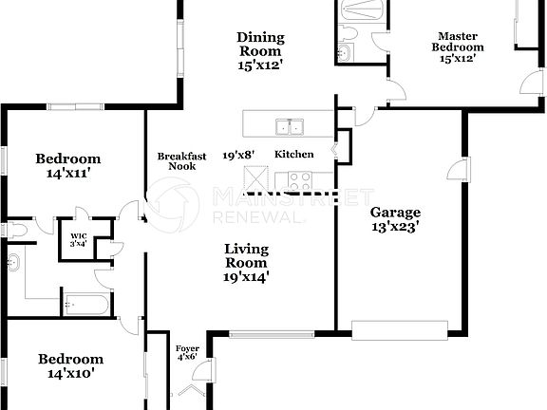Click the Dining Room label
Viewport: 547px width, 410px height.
coord(260,52)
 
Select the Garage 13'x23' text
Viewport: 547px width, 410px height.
coord(395,219)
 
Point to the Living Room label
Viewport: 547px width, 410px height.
coord(246,263)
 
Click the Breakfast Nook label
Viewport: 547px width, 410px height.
coord(176,160)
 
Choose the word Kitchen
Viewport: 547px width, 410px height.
coord(293,155)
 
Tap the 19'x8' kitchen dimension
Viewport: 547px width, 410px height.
coord(237,155)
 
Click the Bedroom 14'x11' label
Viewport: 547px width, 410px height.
coord(67,166)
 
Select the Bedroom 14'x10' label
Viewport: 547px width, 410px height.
coord(70,365)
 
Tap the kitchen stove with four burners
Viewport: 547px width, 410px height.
coord(301,177)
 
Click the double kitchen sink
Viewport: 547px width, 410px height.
coord(289,125)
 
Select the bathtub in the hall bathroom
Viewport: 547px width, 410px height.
coord(86,306)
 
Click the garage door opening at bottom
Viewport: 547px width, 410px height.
coord(399,329)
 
